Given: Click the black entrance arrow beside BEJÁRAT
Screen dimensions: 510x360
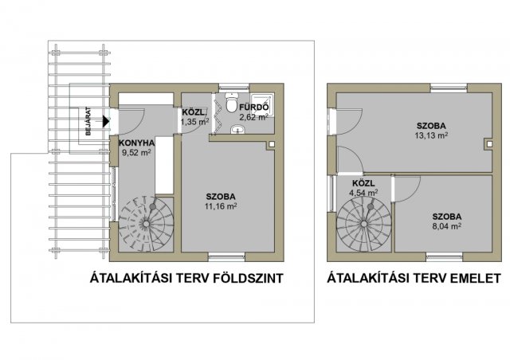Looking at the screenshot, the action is click(x=106, y=121).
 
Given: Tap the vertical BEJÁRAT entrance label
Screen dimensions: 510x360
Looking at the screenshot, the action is click(x=88, y=121).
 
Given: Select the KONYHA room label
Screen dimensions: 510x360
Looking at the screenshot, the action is click(x=136, y=143).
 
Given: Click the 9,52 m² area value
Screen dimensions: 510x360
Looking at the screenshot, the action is click(x=136, y=152).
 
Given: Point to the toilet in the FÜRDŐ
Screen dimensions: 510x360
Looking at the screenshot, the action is click(x=232, y=103).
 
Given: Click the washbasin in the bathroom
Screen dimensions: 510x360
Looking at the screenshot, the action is click(x=239, y=130).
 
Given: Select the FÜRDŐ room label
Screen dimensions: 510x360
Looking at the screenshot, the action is click(x=254, y=108).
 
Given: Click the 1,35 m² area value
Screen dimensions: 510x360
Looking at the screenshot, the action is click(x=194, y=122).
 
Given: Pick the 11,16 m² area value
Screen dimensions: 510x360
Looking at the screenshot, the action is click(x=221, y=205).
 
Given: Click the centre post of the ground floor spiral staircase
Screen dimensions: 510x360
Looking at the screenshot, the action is click(x=147, y=224).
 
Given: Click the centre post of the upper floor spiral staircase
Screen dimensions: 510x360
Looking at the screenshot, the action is click(x=364, y=224).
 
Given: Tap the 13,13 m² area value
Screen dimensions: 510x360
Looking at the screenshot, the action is click(x=431, y=135).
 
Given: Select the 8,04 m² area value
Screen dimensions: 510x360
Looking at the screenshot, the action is click(x=447, y=226).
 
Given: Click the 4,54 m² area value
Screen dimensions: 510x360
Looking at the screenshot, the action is click(x=363, y=193).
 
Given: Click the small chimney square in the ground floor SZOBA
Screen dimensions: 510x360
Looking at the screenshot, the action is click(x=272, y=143).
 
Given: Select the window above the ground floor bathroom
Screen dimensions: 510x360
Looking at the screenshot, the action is click(x=233, y=87).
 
